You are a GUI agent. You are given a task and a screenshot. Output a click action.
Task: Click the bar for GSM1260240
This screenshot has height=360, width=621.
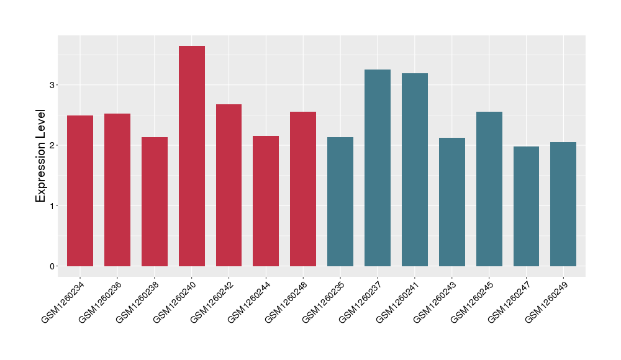click(192, 156)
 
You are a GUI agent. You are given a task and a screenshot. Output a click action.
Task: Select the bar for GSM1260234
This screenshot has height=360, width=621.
click(80, 191)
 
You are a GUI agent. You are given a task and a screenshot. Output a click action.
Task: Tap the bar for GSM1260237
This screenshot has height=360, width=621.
click(378, 168)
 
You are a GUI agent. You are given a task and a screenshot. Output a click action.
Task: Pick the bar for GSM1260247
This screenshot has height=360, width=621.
click(526, 207)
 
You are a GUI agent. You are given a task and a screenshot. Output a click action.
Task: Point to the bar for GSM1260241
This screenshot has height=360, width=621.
click(415, 170)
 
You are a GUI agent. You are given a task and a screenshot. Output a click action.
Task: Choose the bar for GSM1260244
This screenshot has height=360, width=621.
click(266, 201)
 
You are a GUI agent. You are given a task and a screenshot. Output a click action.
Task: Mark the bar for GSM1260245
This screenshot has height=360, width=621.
click(489, 189)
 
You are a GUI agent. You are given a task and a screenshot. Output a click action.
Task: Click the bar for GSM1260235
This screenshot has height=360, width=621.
click(340, 202)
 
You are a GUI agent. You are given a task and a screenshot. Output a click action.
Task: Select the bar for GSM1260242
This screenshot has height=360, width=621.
click(229, 186)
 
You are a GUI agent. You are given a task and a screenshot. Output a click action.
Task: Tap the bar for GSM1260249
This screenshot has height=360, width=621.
click(563, 204)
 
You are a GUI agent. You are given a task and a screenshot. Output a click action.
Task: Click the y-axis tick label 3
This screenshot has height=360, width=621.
click(53, 85)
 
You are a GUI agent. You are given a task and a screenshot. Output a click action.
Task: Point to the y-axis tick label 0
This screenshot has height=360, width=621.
click(53, 266)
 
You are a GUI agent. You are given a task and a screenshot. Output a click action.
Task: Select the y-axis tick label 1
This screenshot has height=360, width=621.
click(53, 206)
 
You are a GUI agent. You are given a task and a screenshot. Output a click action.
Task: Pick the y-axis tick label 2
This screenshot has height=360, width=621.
click(53, 145)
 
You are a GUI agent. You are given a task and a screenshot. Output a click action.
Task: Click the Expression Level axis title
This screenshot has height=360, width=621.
click(41, 156)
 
